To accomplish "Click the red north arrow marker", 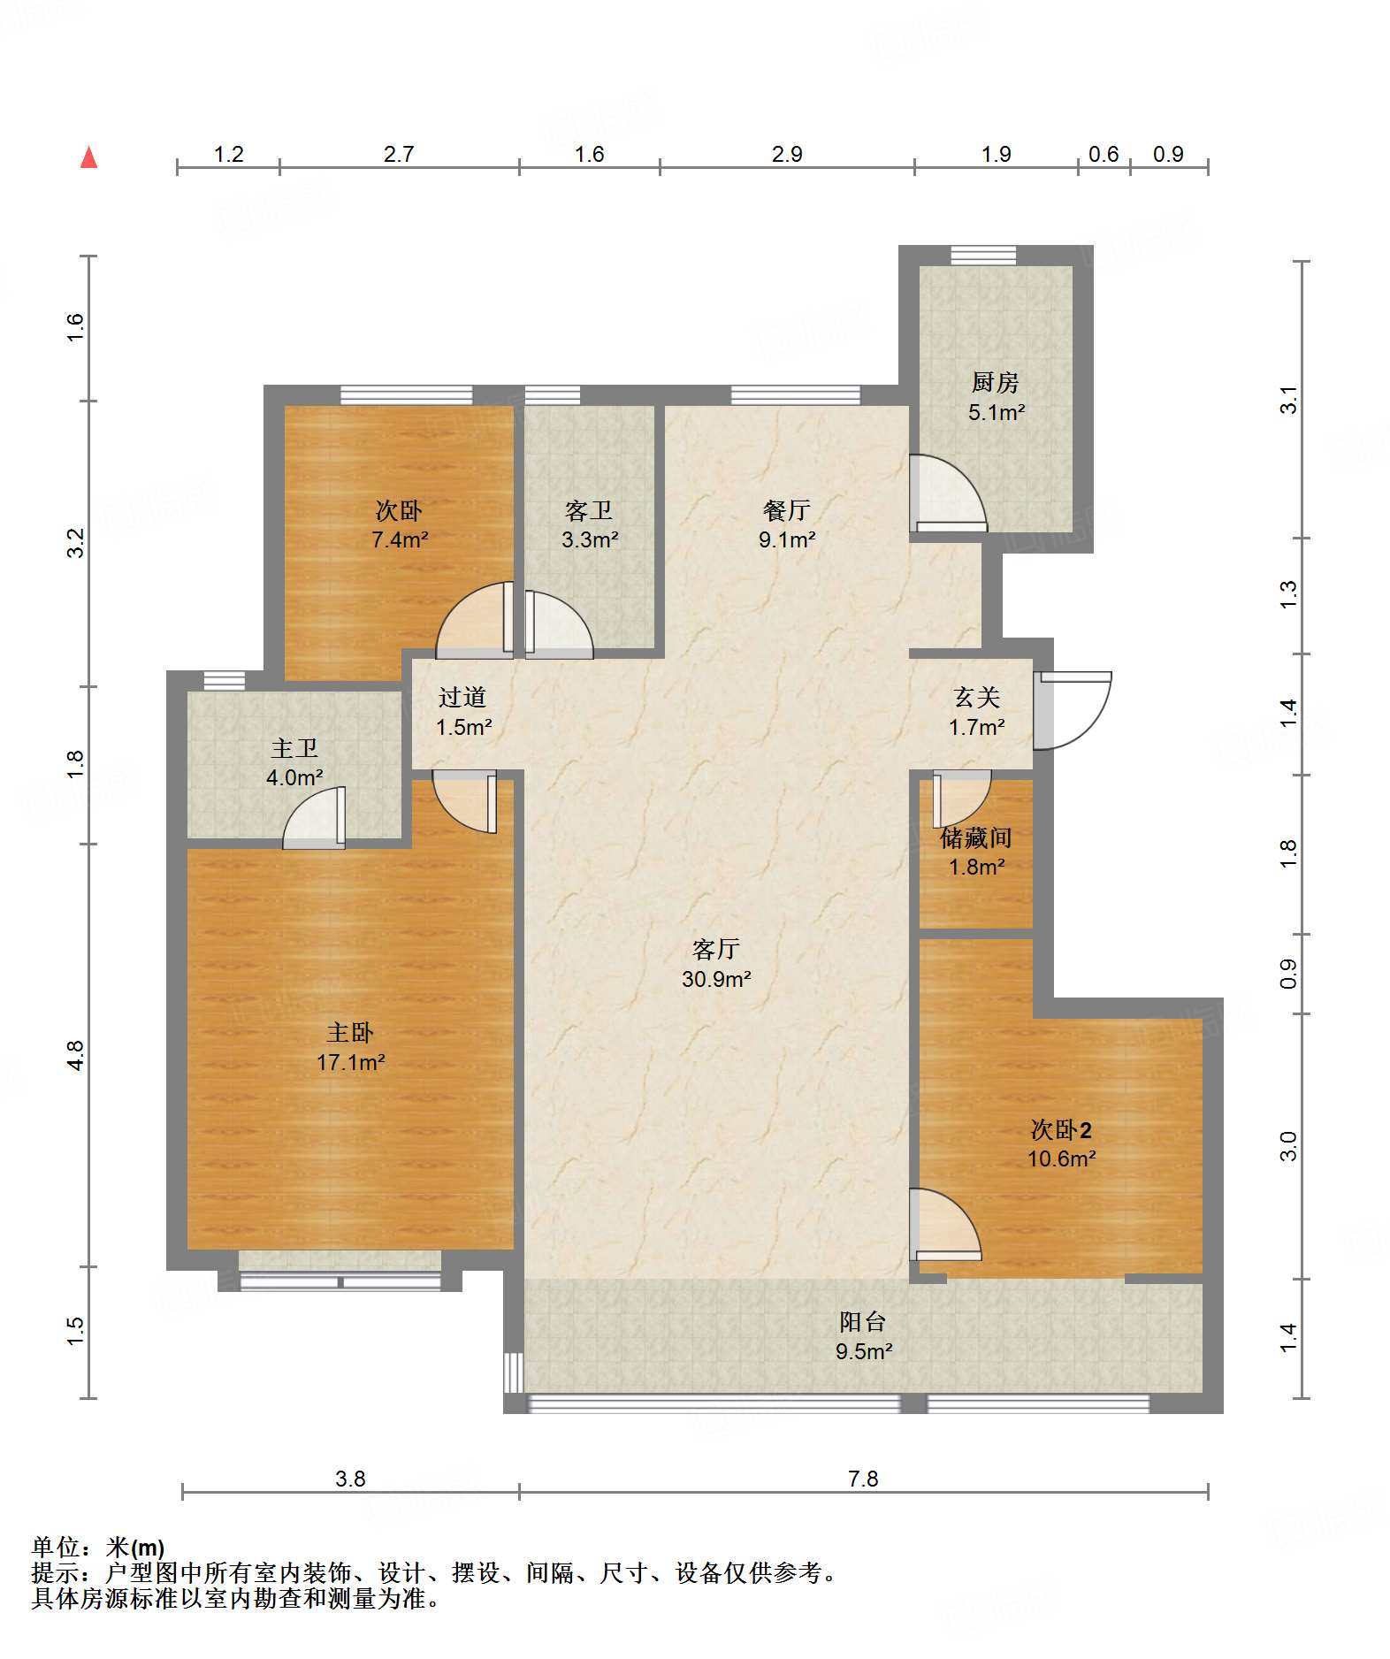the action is [x=88, y=157].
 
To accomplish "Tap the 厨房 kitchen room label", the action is [x=995, y=382].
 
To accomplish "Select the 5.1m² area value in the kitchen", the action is [x=997, y=412].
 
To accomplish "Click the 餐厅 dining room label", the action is [x=786, y=510].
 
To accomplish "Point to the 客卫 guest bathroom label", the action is [x=589, y=510].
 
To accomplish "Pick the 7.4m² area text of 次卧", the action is [x=400, y=539].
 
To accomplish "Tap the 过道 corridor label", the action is [x=462, y=697].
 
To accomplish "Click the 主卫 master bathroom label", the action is [x=294, y=748].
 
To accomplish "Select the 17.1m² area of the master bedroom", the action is [x=351, y=1062].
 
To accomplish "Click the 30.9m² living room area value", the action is [x=716, y=979].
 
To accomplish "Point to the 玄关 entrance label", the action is [x=976, y=697].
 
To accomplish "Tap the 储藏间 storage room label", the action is [x=976, y=837].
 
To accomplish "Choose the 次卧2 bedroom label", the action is [x=1061, y=1129].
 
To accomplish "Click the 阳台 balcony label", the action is [x=863, y=1321].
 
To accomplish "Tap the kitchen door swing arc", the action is [x=950, y=493].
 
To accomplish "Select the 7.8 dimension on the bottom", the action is [x=863, y=1479].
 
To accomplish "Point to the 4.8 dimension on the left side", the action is [x=75, y=1055].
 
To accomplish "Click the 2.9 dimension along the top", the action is [x=787, y=155].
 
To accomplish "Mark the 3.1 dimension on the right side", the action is [x=1289, y=400].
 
